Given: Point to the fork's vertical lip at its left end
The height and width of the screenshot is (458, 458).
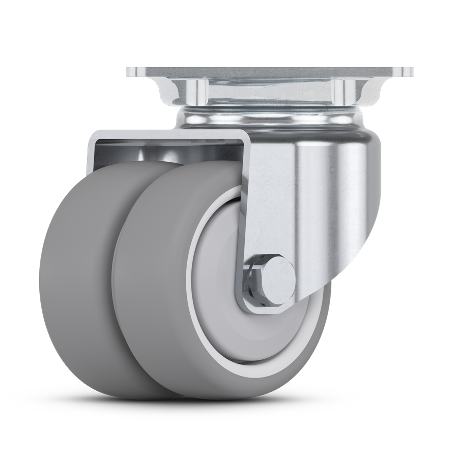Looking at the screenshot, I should click(92, 153).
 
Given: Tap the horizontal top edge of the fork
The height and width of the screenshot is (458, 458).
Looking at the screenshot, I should click(168, 133).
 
